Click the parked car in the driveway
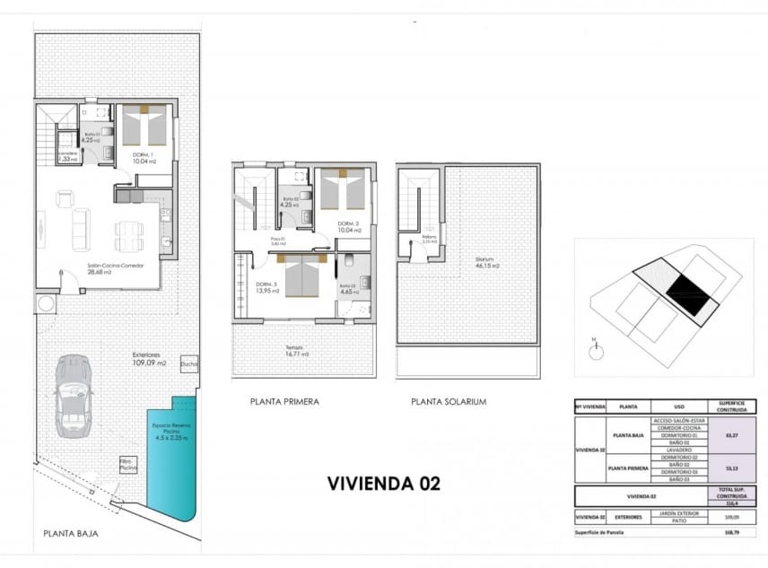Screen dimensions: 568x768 (x=74, y=396)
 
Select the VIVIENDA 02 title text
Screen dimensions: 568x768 (x=383, y=483)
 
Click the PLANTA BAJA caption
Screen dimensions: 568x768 (x=71, y=533)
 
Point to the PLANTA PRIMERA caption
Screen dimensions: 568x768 (x=284, y=402)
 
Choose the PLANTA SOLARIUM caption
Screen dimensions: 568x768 (x=449, y=402)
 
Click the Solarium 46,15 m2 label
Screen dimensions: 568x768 (x=487, y=264)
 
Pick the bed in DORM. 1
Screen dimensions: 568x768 (x=144, y=126)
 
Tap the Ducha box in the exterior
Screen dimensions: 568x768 (x=189, y=364)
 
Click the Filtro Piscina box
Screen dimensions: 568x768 (x=128, y=465)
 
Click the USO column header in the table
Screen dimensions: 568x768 (x=679, y=406)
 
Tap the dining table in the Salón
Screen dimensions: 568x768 (x=128, y=236)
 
